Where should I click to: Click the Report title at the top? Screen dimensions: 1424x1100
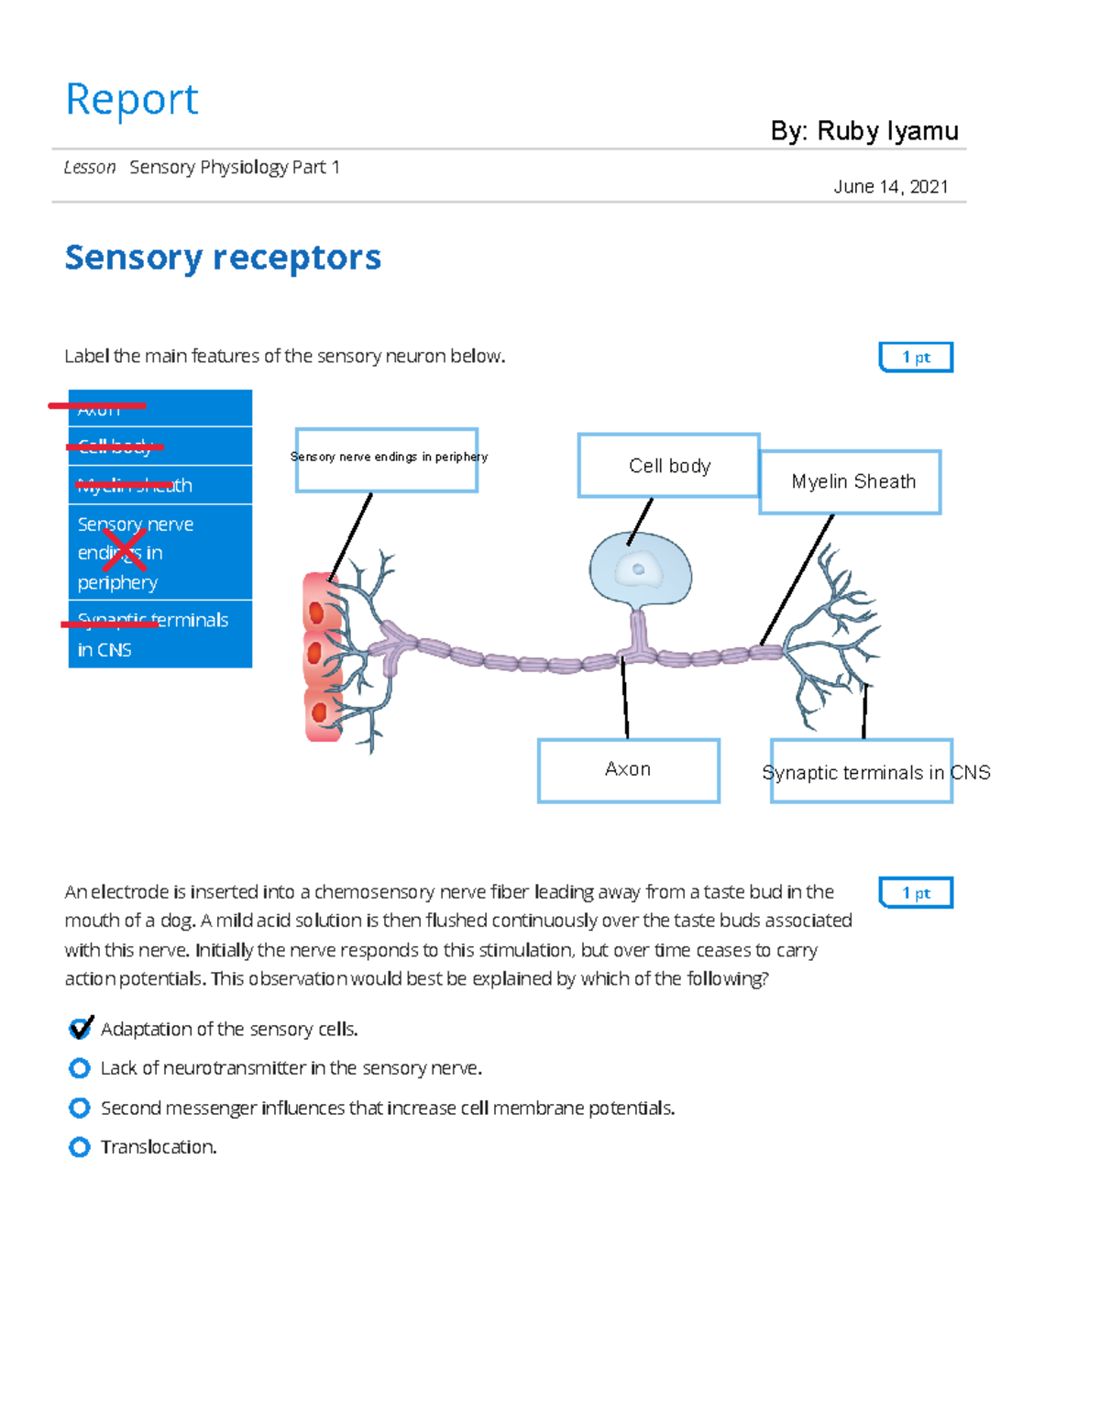tap(132, 99)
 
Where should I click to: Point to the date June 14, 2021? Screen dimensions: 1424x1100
tap(890, 187)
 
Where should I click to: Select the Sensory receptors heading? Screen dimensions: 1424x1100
tap(223, 258)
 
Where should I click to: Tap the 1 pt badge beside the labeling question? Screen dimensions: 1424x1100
tap(916, 358)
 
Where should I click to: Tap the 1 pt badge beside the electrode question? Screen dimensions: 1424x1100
tap(916, 893)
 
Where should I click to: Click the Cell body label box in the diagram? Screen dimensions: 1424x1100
tap(669, 466)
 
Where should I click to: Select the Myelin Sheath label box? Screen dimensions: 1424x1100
tap(852, 482)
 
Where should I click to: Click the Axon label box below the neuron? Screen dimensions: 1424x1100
tap(628, 770)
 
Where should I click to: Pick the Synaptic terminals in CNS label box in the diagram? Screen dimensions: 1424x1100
tap(862, 772)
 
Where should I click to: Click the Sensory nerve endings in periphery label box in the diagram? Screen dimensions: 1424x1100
tap(387, 459)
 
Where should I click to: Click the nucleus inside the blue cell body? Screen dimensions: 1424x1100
tap(639, 569)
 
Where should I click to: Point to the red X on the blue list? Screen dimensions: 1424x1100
tap(123, 551)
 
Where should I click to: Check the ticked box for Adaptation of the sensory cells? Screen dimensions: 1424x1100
tap(80, 1029)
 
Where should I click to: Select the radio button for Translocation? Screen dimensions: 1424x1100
tap(80, 1147)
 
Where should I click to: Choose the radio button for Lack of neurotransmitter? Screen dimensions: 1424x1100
tap(80, 1068)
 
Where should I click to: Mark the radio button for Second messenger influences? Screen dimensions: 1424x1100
tap(80, 1108)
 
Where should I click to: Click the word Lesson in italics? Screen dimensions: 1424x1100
tap(90, 168)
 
